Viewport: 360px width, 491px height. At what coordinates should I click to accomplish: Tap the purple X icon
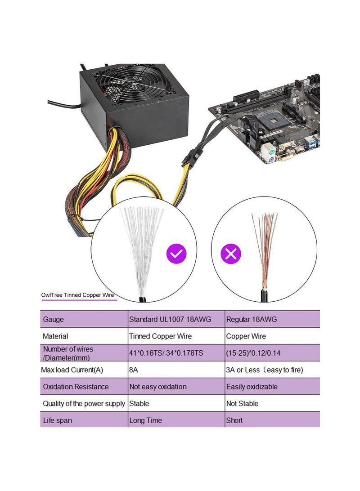pos(231,254)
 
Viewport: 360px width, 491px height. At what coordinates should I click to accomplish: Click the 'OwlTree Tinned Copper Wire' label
pos(77,295)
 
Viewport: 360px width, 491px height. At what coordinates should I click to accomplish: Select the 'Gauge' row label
pos(53,320)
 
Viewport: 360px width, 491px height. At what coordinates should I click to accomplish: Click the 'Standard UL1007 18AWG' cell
pos(170,320)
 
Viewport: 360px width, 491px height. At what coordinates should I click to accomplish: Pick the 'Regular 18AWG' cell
pos(252,320)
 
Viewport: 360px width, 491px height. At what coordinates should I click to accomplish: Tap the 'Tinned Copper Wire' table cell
pos(160,336)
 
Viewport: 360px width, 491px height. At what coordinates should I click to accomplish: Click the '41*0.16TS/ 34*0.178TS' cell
pos(166,353)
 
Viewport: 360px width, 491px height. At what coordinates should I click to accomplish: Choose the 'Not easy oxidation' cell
pos(157,387)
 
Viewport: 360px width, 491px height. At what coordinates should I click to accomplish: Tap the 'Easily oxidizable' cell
pos(252,387)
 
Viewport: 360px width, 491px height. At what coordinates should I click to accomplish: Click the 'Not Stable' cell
pos(243,404)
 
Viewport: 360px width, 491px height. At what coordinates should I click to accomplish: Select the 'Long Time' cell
pos(145,420)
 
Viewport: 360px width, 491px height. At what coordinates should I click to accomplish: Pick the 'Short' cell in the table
pos(234,420)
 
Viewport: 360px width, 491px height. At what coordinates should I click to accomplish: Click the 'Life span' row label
pos(57,420)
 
